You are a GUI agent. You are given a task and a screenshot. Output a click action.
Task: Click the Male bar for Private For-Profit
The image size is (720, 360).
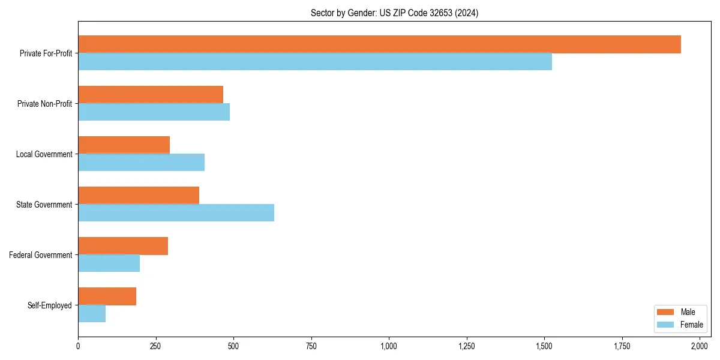coord(379,44)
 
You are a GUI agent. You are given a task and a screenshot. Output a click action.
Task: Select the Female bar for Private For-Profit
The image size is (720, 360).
coord(315,62)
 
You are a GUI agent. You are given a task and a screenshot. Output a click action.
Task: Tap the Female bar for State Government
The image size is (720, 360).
coord(176,213)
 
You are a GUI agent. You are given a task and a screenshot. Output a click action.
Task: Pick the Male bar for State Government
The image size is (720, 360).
coord(139,196)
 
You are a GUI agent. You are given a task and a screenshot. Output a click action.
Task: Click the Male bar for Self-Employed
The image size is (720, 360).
coord(107,296)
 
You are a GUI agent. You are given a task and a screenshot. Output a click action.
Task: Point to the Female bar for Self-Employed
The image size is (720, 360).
coord(92,314)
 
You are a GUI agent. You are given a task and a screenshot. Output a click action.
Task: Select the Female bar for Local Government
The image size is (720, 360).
coord(141,163)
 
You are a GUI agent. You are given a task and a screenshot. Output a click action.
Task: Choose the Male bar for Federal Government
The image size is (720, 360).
coord(123,246)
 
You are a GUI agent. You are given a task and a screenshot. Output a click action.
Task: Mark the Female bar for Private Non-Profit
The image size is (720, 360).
coord(154,112)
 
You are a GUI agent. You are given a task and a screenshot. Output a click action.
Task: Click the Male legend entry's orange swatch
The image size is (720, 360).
coord(666,312)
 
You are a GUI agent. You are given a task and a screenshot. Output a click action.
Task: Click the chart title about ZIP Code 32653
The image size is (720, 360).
coord(394,13)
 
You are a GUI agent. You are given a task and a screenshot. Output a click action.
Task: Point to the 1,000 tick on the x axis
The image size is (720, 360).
coord(389,346)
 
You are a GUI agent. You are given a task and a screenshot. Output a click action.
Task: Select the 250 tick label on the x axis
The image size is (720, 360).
coord(156,346)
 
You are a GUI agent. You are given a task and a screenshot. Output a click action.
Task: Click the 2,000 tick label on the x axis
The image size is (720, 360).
coord(700,346)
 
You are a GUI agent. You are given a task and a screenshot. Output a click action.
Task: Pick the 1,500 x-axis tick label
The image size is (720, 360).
coord(544,346)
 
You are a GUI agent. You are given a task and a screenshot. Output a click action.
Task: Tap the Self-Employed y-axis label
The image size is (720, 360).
coord(50,305)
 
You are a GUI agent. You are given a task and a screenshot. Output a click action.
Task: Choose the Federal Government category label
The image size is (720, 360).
coord(41,255)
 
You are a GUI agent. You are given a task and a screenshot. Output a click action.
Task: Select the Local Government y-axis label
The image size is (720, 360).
coord(44,154)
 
